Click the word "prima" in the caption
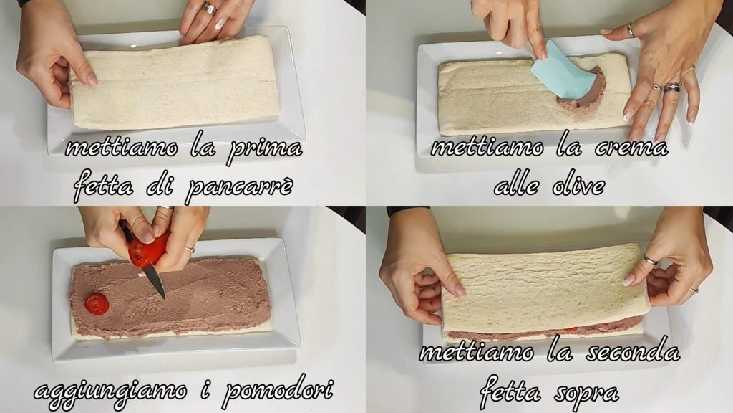click(265, 150)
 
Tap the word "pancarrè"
click(240, 187)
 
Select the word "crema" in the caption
click(631, 148)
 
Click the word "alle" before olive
click(517, 186)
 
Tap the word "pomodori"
click(278, 391)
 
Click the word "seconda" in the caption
click(633, 351)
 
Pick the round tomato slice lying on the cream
click(97, 304)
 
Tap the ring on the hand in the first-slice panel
click(208, 8)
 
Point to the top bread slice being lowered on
click(545, 288)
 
